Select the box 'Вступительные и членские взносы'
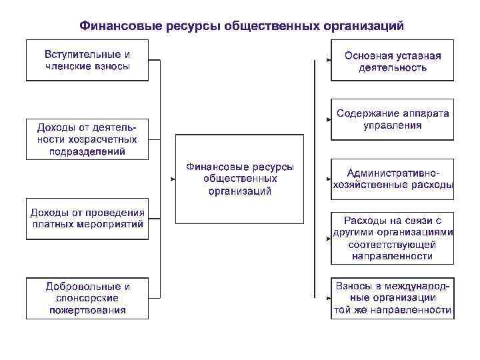(x=87, y=60)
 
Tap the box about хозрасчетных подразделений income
(x=87, y=139)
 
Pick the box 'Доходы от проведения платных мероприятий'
(x=87, y=219)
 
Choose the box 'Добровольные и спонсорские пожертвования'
(x=87, y=298)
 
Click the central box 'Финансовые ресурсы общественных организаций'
(x=239, y=179)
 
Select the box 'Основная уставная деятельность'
(x=392, y=61)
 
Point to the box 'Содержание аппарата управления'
(x=392, y=119)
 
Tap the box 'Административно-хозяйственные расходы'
(x=392, y=179)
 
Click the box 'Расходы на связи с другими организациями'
(x=392, y=238)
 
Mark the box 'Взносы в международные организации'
(x=392, y=298)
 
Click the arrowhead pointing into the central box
(x=172, y=179)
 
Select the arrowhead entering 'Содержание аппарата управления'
(x=328, y=120)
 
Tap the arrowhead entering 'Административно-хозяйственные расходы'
(x=328, y=179)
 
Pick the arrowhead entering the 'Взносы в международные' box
(x=328, y=298)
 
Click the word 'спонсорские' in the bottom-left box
(x=87, y=298)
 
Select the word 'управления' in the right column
(x=392, y=125)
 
